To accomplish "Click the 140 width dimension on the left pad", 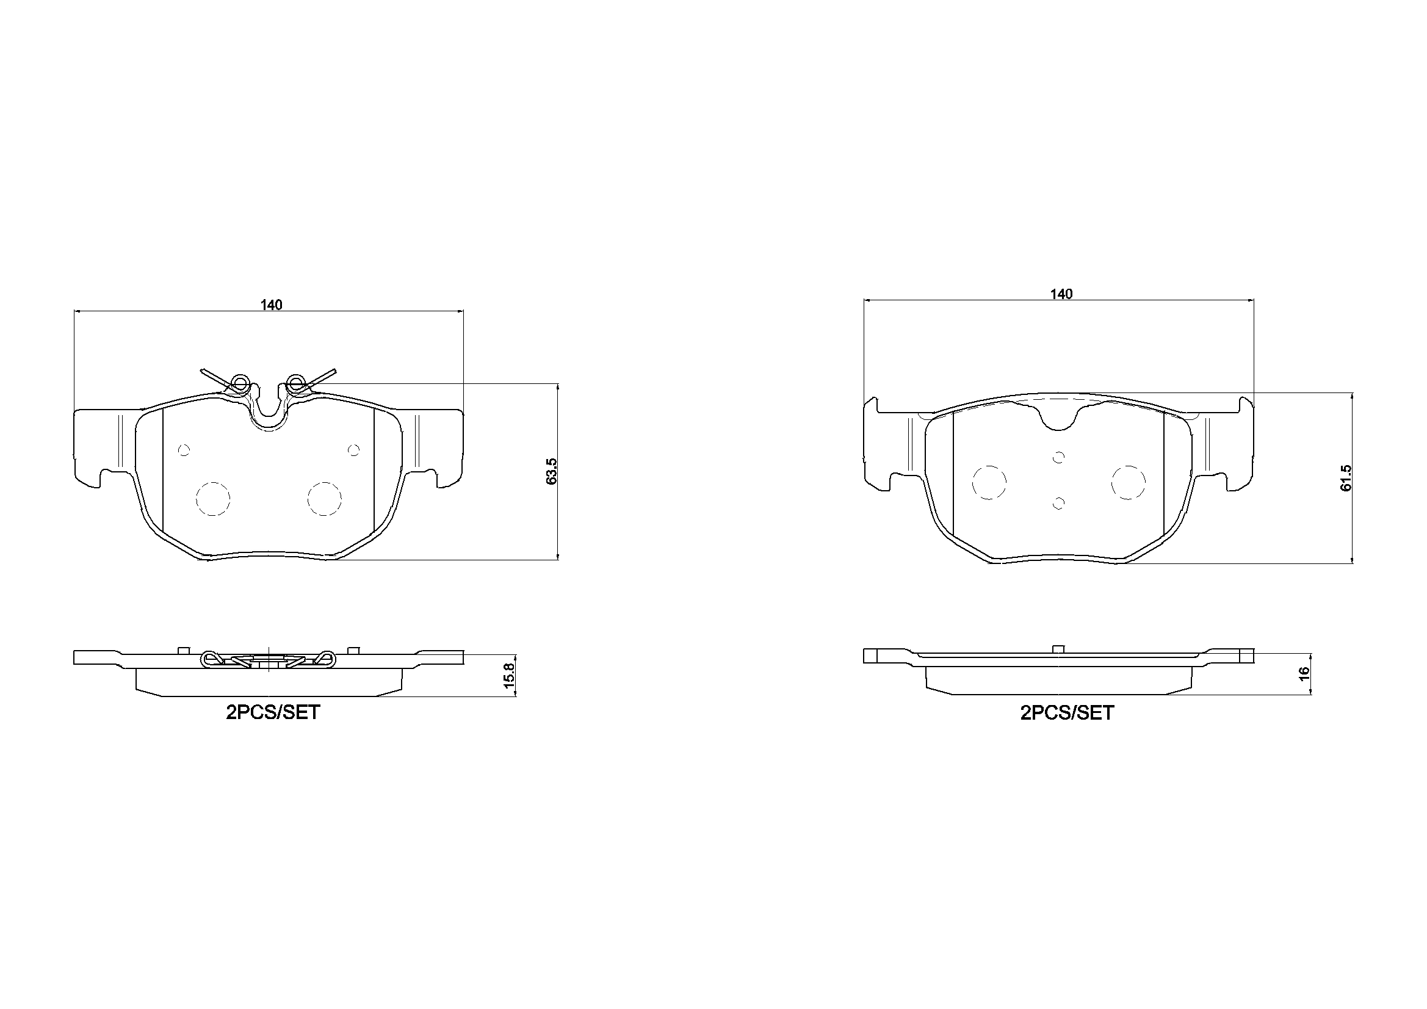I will (272, 305).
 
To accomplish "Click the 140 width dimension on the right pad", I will (1061, 294).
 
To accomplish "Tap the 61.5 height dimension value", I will (1346, 477).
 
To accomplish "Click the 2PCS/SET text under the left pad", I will (273, 712).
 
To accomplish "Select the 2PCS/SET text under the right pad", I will (1067, 712).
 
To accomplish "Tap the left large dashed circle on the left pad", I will (212, 498).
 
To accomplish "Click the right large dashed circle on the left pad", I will (325, 498).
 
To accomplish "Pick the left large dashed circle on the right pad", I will (989, 482).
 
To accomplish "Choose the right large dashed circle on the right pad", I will (1128, 482).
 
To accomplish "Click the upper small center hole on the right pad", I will (1058, 458).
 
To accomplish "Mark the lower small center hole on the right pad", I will (1059, 502).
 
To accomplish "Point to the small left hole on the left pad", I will (183, 450).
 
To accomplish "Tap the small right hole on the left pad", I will (353, 449).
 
